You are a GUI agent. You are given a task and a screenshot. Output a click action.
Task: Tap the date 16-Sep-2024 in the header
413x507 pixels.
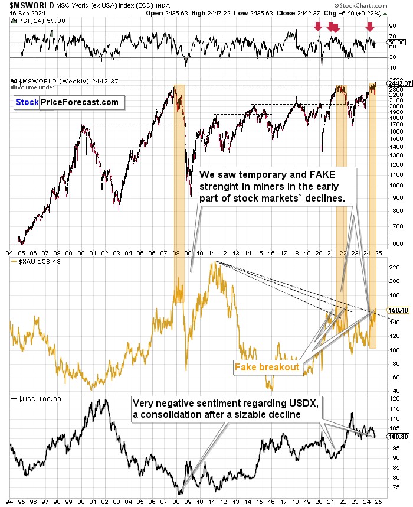click(x=22, y=13)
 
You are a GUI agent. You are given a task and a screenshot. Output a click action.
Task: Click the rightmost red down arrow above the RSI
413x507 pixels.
click(x=369, y=26)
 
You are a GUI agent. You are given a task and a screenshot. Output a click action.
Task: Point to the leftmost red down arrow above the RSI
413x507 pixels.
click(x=317, y=26)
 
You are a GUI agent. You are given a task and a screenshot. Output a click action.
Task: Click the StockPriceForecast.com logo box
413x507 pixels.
click(x=67, y=102)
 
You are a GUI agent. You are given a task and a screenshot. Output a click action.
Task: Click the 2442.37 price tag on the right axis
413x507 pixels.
click(x=400, y=83)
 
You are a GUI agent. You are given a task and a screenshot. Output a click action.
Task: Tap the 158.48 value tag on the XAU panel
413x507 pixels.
click(x=398, y=309)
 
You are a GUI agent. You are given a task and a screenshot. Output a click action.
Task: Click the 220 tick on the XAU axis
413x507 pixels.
click(x=393, y=267)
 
